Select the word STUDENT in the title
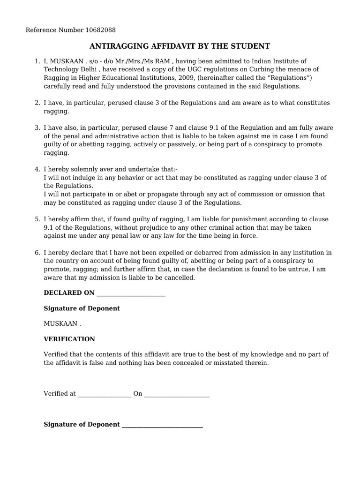(253, 46)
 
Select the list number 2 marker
(37, 103)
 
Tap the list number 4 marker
(37, 169)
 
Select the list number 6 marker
(37, 253)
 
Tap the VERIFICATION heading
(69, 339)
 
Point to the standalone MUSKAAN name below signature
(60, 323)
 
